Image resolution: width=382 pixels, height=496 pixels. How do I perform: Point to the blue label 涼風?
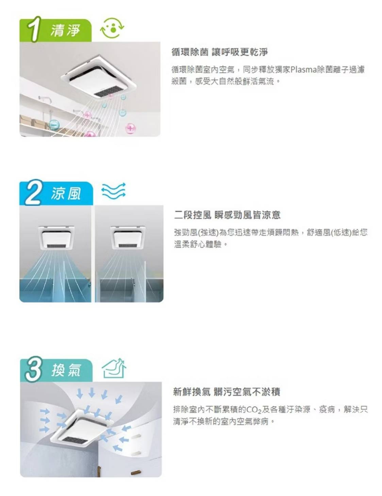66,194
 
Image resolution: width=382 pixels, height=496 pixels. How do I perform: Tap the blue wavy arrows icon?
114,190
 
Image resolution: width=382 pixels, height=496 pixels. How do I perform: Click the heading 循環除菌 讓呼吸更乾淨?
219,52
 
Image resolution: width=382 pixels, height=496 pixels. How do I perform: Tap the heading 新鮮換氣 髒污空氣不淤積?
227,392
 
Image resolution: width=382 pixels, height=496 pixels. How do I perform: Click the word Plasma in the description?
303,69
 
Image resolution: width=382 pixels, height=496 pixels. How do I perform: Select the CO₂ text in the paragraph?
254,410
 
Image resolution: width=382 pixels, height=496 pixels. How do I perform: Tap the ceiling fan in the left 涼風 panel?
56,237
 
